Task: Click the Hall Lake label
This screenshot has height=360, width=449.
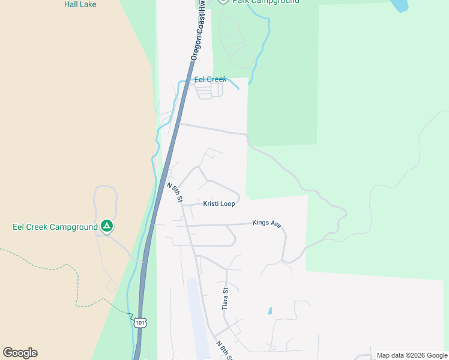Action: (x=80, y=4)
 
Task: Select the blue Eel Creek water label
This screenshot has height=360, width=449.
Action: (x=210, y=79)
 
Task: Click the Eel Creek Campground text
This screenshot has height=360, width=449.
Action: (x=55, y=227)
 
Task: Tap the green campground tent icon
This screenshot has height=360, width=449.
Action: (x=107, y=226)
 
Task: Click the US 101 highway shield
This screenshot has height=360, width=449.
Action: (x=140, y=322)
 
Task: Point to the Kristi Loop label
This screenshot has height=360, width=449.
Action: (x=218, y=204)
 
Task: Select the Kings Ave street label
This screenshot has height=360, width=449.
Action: (x=267, y=223)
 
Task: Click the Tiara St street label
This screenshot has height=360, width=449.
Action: (x=226, y=298)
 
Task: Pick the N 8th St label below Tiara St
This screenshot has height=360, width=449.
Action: (x=223, y=349)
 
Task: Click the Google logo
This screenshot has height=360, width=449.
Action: (x=20, y=353)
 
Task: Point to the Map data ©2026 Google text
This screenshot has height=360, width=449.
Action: (x=412, y=355)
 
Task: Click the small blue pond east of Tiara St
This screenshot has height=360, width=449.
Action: (x=270, y=311)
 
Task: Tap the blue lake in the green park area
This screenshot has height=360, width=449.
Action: (x=400, y=5)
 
